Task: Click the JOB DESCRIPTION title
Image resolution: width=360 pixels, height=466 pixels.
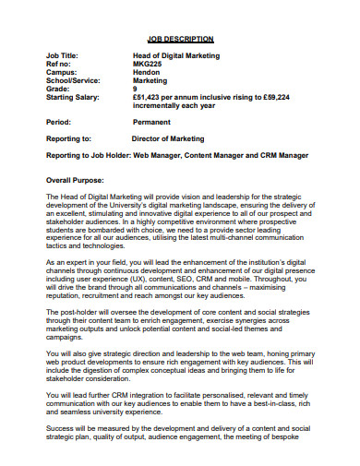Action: (181, 40)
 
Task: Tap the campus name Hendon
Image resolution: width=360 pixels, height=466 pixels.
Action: (146, 74)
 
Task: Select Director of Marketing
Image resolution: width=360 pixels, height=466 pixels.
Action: (171, 139)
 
